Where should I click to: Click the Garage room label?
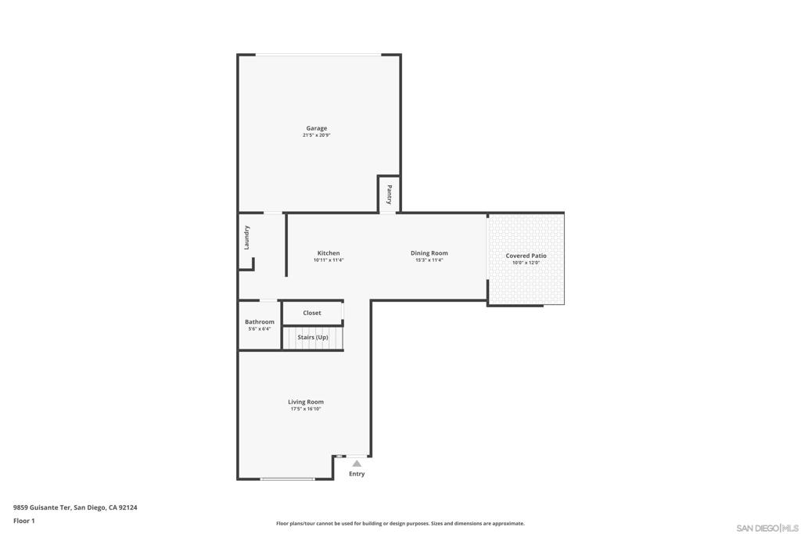[316, 128]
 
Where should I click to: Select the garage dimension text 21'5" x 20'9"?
[316, 135]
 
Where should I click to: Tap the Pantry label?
[389, 194]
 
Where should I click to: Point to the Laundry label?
[246, 237]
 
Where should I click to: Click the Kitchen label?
[329, 253]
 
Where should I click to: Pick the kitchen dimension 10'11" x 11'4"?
[329, 260]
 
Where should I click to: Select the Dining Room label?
[429, 253]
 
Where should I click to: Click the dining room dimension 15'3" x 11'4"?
[429, 260]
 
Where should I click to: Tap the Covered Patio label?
[526, 256]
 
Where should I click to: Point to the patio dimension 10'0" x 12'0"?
[526, 263]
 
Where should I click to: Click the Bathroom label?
[259, 322]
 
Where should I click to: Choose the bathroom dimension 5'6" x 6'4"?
[259, 329]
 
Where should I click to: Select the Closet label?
[312, 313]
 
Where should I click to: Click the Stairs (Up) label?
[312, 337]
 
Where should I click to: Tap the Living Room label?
[305, 402]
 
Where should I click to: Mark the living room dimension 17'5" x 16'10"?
[305, 409]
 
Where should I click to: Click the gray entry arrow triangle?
[357, 464]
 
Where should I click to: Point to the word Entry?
[357, 474]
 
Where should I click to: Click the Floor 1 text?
[24, 521]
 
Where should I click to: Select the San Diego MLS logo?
[767, 527]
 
